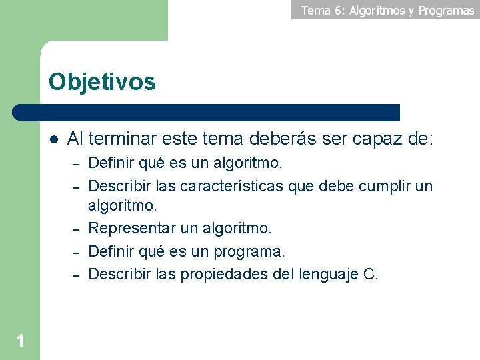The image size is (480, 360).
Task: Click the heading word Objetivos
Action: coord(102,82)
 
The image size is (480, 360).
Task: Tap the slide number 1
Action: coord(20,341)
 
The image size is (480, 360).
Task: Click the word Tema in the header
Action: coord(315,10)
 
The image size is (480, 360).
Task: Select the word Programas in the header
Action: coord(446,10)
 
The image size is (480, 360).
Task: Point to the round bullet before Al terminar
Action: coord(54,139)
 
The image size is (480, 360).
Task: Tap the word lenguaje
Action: coord(325,274)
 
